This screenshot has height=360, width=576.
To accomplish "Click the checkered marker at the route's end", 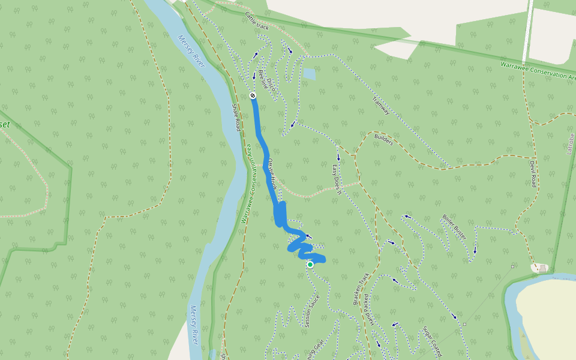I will point(253,95).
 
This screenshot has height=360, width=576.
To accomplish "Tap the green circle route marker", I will point(310,265).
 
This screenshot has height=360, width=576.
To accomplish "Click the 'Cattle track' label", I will point(257,22).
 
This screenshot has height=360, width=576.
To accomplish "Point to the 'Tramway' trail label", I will point(381,106).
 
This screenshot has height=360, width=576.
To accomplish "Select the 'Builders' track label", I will point(383,140).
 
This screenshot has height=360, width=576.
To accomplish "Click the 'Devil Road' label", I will point(532,173).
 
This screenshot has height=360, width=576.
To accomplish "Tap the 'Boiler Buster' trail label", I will point(454,227).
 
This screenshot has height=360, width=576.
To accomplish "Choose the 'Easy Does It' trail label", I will point(337,179).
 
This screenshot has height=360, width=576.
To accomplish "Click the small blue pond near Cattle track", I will point(309,74).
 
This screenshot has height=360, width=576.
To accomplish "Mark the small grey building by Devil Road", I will point(542,268).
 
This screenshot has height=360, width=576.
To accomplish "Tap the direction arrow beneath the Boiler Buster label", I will point(475,251).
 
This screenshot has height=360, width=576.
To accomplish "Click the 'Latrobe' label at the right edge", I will point(571,144).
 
